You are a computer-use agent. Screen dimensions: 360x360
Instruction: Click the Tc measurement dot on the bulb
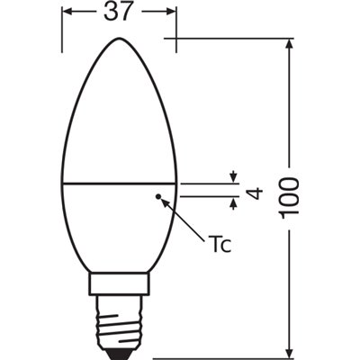click(158, 194)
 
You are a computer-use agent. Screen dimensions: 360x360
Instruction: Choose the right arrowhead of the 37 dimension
click(172, 13)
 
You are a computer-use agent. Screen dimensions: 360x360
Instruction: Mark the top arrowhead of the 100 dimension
click(290, 42)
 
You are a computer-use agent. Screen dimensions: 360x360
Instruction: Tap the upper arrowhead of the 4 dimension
click(234, 176)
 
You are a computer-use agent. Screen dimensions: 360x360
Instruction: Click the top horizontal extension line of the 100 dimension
click(234, 38)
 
